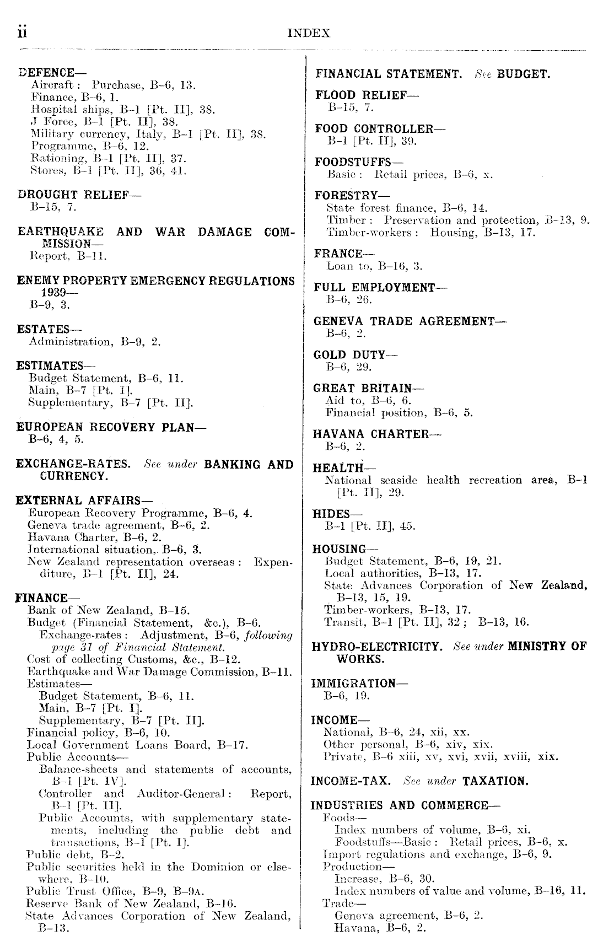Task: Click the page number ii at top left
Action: pos(22,33)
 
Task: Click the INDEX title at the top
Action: pos(309,33)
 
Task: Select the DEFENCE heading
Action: pos(46,73)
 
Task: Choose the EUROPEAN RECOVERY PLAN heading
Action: pos(104,427)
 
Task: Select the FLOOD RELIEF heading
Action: pos(367,95)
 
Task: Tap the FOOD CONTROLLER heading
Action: pos(380,128)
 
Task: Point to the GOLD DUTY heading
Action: pos(355,354)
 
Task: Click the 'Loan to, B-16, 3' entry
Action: pos(374,266)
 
